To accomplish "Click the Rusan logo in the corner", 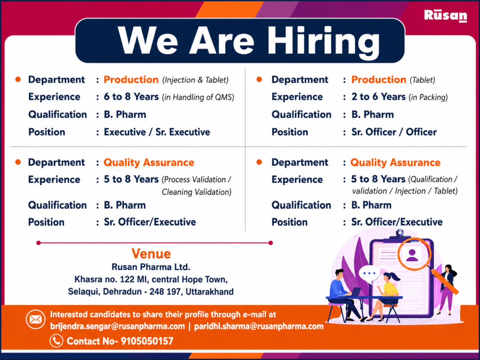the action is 445,16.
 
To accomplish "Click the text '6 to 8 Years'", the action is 131,97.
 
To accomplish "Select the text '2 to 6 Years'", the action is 378,97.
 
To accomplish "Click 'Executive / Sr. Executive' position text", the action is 157,132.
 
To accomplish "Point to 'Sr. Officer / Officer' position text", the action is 394,132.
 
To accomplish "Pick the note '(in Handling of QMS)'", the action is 198,97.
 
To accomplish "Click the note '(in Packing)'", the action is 428,97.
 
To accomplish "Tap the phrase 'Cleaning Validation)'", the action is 196,192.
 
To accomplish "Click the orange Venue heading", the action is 151,253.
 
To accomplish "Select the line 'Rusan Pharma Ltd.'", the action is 151,267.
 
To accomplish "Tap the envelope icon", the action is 36,320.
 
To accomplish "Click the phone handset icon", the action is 56,341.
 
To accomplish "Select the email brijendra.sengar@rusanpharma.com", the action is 117,326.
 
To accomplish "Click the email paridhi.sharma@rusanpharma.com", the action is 259,326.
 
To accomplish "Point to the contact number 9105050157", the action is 147,341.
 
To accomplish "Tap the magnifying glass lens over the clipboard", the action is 415,254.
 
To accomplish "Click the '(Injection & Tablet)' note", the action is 195,80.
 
